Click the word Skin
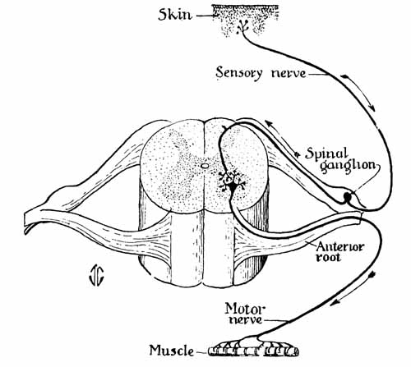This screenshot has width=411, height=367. tap(175, 15)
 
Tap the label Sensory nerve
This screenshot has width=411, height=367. tap(261, 73)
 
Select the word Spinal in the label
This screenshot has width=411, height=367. tap(326, 154)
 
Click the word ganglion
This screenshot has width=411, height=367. tap(348, 166)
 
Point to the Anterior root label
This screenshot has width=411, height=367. tap(339, 251)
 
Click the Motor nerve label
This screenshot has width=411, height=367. tap(245, 314)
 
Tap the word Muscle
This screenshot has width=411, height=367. tap(171, 350)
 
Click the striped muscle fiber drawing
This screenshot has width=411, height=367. tap(253, 351)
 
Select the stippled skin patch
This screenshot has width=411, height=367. tap(245, 21)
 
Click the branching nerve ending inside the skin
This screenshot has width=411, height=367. tap(242, 26)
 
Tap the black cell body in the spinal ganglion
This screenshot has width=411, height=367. tap(348, 196)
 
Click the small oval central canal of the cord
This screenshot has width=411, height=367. tap(204, 165)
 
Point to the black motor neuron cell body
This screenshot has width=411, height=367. tap(233, 186)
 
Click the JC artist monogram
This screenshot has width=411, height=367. tap(96, 275)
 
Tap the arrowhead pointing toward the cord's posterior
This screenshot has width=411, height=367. tap(269, 123)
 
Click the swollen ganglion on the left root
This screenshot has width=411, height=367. tap(62, 195)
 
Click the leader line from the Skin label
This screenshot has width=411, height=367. tap(206, 16)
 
